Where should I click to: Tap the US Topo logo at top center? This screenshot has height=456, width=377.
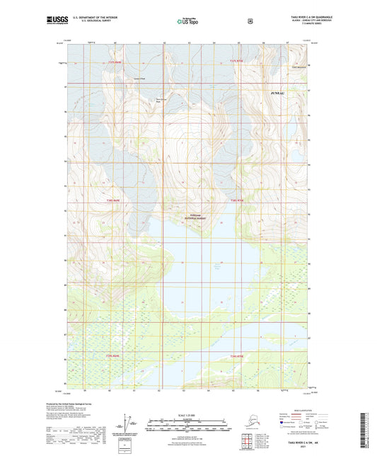(187, 21)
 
